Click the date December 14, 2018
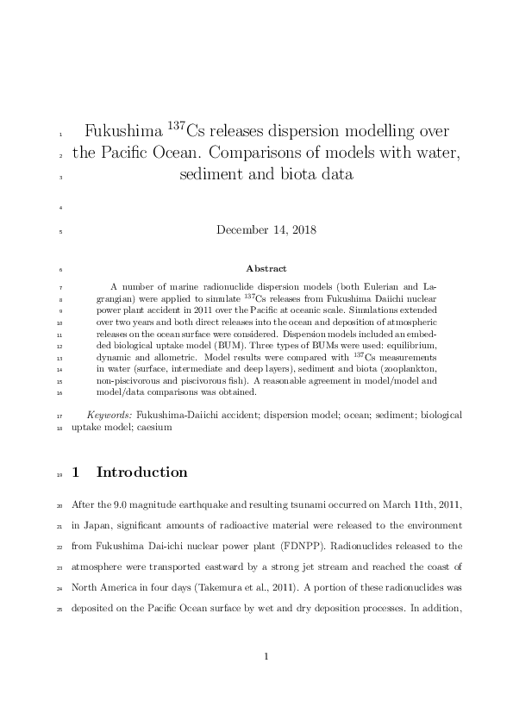click(266, 230)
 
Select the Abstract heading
click(266, 269)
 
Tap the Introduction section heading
click(141, 473)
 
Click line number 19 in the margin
click(59, 473)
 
